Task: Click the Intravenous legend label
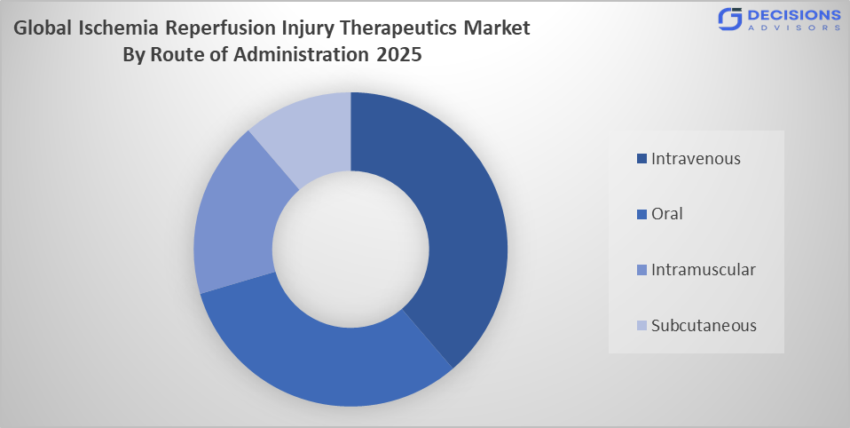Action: pos(696,159)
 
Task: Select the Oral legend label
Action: pos(666,214)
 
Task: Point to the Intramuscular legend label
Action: pos(703,269)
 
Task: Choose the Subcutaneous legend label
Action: pos(704,325)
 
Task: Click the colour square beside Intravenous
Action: pos(641,160)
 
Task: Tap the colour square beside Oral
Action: pos(641,215)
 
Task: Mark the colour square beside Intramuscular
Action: pos(641,270)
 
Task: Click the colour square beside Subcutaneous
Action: pos(641,326)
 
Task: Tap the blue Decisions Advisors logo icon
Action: pos(730,19)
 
